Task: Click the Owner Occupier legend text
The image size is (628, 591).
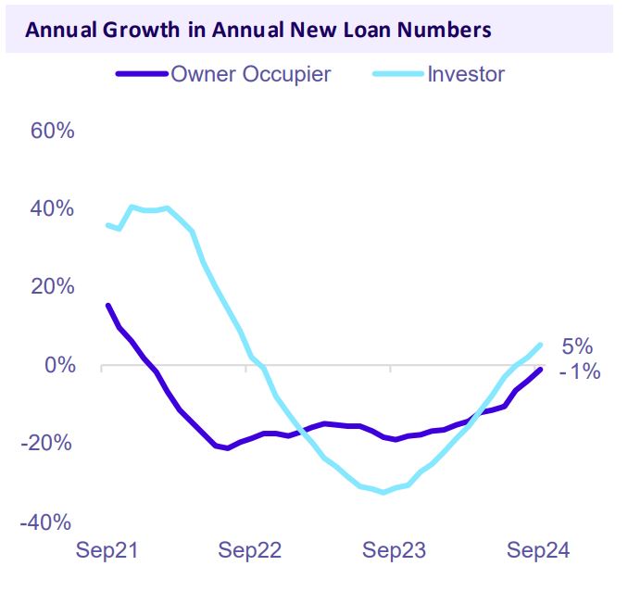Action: click(250, 74)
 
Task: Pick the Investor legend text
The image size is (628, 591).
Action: click(466, 74)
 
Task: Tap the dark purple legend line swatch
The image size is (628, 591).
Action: click(142, 74)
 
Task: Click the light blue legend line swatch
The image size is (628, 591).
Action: click(397, 74)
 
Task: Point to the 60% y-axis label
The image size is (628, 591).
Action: click(52, 130)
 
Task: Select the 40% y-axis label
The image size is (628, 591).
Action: click(52, 208)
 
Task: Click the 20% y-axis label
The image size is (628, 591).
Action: click(52, 286)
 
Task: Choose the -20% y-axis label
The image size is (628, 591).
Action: click(48, 443)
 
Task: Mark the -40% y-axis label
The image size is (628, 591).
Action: click(48, 522)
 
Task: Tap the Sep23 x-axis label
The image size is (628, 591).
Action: click(394, 551)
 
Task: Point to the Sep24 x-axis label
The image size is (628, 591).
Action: click(537, 551)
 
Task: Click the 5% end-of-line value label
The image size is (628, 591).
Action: click(576, 346)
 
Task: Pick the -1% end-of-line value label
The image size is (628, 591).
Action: click(580, 372)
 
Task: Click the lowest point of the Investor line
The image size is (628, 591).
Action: click(383, 492)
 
